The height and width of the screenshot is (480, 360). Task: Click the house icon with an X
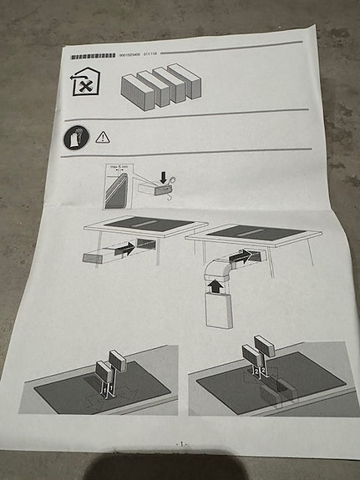(x=82, y=83)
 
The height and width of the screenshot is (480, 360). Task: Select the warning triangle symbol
(x=103, y=136)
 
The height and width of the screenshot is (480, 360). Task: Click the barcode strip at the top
(x=93, y=55)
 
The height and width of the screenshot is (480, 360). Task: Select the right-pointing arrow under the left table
(x=123, y=249)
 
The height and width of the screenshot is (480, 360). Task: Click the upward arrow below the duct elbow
(x=215, y=286)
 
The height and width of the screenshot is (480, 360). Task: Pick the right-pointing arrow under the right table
(x=241, y=258)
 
